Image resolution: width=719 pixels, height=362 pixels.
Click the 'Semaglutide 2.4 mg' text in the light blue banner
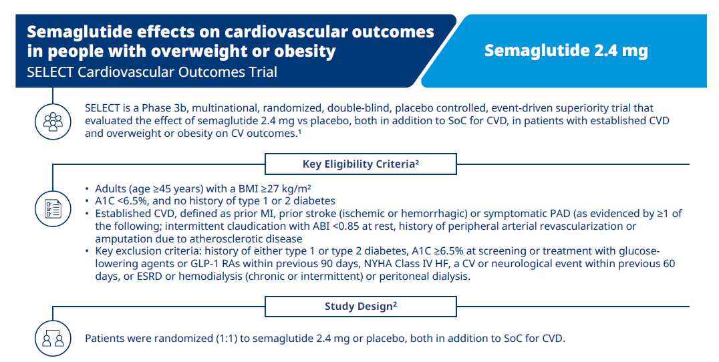click(566, 50)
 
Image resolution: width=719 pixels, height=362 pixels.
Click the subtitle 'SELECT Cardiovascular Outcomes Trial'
click(152, 72)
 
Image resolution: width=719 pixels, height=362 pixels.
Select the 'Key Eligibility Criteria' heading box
click(360, 164)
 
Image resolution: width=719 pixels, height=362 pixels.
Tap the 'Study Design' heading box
click(360, 306)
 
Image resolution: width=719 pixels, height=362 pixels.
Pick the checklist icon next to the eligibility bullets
click(53, 208)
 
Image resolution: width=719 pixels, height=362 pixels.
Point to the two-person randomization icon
click(53, 339)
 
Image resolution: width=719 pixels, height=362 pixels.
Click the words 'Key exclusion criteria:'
click(148, 251)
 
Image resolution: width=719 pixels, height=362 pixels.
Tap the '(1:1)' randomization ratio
click(227, 339)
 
